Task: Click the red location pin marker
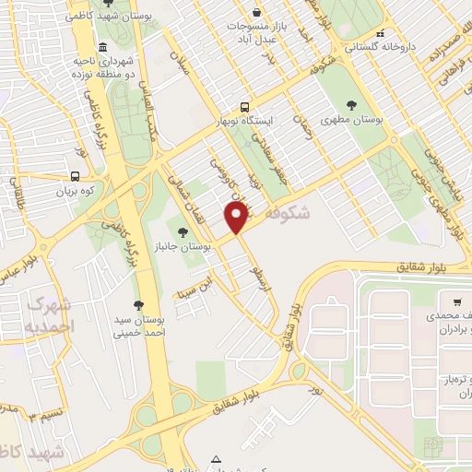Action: click(237, 218)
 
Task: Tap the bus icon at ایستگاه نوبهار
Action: click(244, 107)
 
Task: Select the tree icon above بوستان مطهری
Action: click(350, 104)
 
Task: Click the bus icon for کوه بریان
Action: click(75, 175)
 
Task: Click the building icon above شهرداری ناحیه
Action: click(100, 48)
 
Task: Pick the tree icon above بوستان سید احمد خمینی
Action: click(138, 304)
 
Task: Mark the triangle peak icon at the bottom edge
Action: click(216, 459)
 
